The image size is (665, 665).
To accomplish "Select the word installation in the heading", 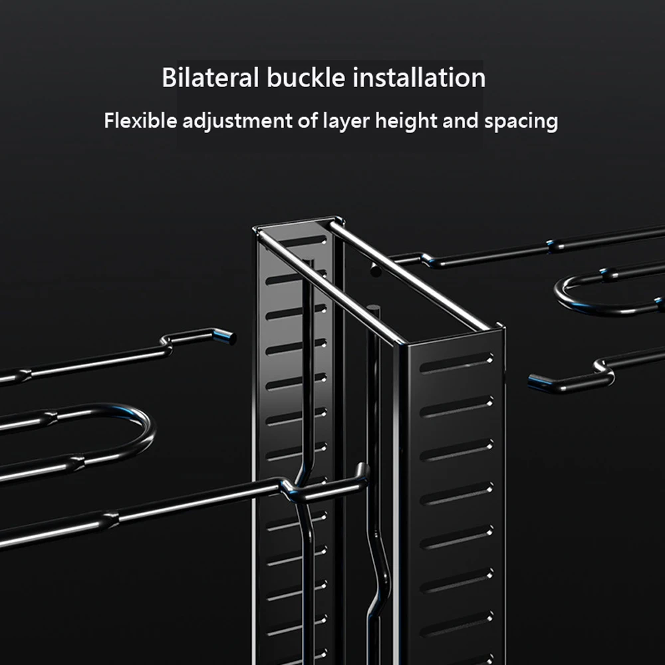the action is click(x=418, y=78).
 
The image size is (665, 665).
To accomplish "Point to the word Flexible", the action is click(x=140, y=121).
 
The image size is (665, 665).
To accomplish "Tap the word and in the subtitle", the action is click(x=456, y=121).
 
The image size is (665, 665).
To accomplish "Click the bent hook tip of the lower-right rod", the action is click(x=535, y=382).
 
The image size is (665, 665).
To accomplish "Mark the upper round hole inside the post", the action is click(x=375, y=271).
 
